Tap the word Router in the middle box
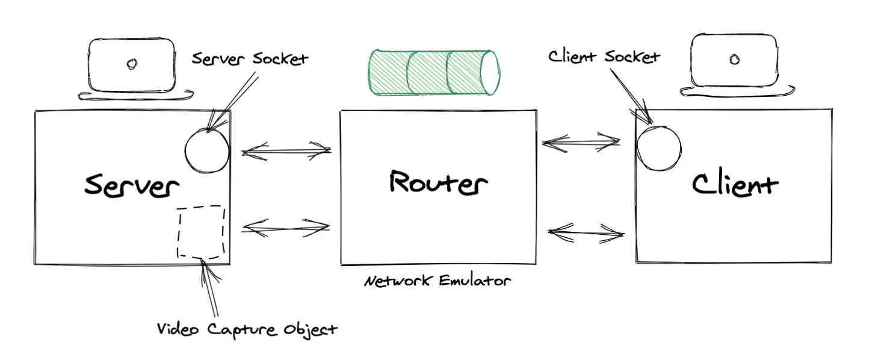click(x=437, y=182)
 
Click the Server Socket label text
click(x=250, y=59)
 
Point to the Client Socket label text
click(x=604, y=57)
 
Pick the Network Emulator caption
click(x=437, y=281)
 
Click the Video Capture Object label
click(x=247, y=329)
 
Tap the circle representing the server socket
click(x=207, y=151)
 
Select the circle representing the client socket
click(x=658, y=147)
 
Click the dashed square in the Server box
click(x=201, y=232)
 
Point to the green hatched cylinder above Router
click(x=433, y=72)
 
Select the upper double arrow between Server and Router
click(x=286, y=151)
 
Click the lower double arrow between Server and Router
click(x=286, y=228)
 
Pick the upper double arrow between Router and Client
click(x=581, y=143)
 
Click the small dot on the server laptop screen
click(x=131, y=63)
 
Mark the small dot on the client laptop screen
click(x=734, y=59)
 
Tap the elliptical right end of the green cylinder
click(x=490, y=72)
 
